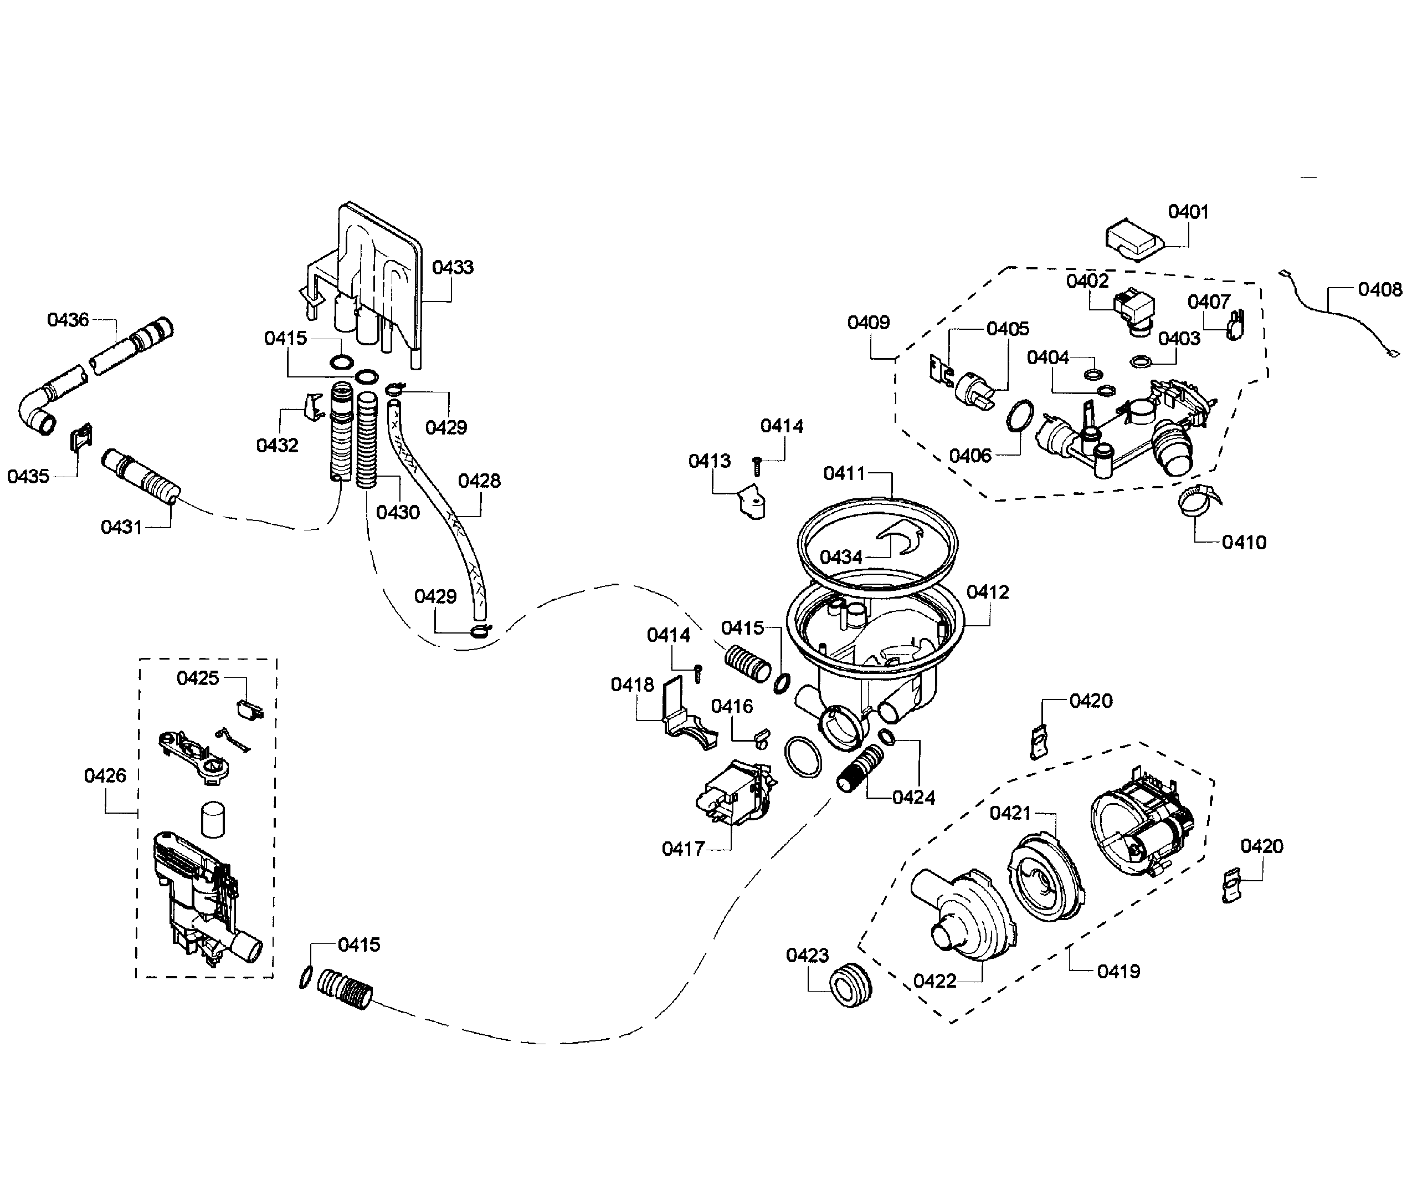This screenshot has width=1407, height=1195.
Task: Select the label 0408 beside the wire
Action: coord(1379,289)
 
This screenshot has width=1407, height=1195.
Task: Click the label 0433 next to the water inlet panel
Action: coord(453,267)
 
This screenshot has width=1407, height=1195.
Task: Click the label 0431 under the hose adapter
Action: coord(121,527)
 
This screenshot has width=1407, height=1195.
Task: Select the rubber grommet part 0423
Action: coord(849,987)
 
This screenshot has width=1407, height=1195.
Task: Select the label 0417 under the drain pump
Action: coord(683,848)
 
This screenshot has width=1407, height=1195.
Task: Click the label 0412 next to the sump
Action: coord(987,591)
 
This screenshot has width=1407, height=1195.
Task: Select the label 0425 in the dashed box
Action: coord(198,677)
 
